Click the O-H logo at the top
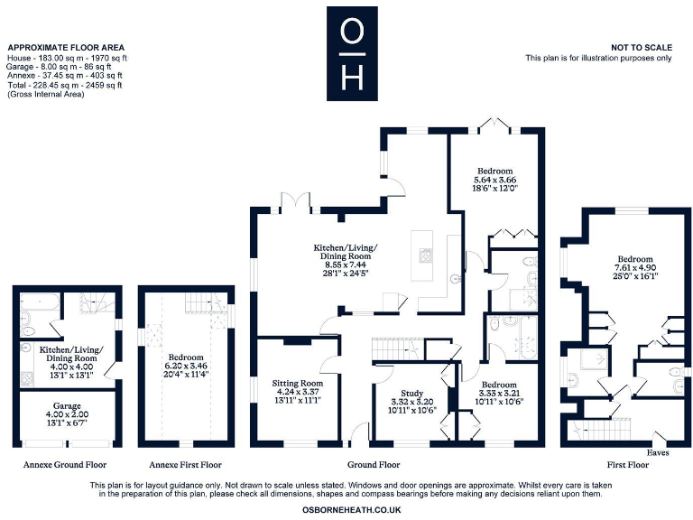[x=353, y=54]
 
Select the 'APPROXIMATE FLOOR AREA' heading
[x=65, y=47]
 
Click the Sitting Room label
[x=297, y=383]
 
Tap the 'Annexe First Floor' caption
[x=185, y=465]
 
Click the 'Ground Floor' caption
[x=376, y=465]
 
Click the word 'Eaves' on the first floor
[x=657, y=452]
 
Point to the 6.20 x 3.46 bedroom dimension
[x=186, y=366]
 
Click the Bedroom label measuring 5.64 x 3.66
[x=494, y=171]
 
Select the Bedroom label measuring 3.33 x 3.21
[x=499, y=384]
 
